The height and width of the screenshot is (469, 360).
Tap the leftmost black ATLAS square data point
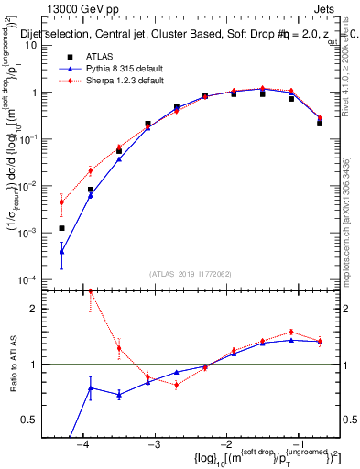[x=61, y=228]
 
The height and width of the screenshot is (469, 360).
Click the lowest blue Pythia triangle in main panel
[x=61, y=251]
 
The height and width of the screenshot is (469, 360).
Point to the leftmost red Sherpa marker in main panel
[x=61, y=202]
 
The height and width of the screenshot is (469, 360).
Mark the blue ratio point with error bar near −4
[x=90, y=388]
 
